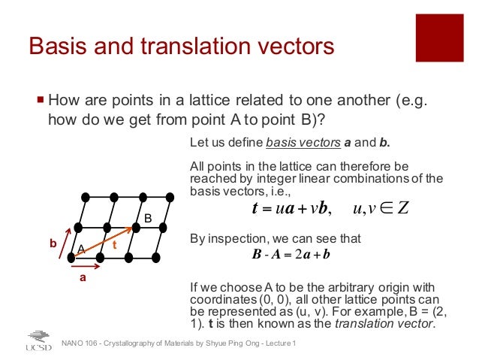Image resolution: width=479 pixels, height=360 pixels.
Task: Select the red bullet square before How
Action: click(40, 100)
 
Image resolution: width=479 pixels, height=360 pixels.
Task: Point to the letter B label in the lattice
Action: click(148, 218)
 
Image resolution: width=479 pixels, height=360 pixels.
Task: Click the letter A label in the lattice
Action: click(80, 248)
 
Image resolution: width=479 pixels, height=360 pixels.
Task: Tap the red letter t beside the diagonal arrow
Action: click(115, 244)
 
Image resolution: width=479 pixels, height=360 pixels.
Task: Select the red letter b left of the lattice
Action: click(53, 244)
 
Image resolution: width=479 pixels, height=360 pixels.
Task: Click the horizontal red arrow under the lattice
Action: click(86, 266)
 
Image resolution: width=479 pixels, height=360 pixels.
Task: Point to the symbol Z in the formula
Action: click(402, 208)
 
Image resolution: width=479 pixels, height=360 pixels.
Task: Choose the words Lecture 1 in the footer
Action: click(281, 343)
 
